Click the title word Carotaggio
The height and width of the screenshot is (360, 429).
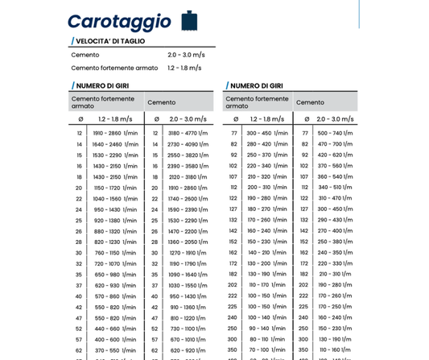(x=119, y=22)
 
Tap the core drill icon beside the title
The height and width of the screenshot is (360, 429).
(x=189, y=20)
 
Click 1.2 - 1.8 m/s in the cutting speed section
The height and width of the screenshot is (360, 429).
(x=184, y=68)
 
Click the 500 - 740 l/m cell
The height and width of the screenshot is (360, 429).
(x=335, y=133)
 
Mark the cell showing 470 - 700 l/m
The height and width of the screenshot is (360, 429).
(x=335, y=144)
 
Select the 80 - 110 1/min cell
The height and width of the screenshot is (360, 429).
(x=267, y=339)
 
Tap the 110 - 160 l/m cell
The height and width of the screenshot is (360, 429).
(x=335, y=350)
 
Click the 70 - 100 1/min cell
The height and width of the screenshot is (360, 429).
(x=267, y=350)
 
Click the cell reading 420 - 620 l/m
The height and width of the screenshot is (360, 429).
(x=335, y=155)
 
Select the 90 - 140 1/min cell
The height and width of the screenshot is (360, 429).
(x=267, y=329)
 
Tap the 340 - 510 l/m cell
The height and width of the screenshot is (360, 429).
(x=335, y=188)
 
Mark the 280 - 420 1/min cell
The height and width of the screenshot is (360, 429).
(x=267, y=144)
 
